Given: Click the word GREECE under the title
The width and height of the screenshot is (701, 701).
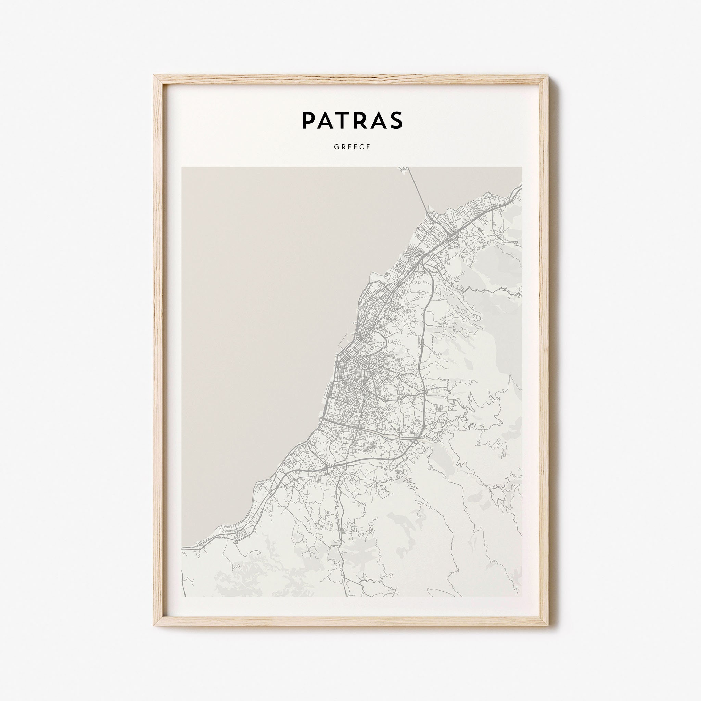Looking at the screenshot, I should click(350, 147).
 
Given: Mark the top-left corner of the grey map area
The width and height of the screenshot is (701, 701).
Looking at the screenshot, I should click(182, 167).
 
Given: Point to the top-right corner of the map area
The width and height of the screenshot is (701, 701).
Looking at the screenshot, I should click(522, 167).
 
